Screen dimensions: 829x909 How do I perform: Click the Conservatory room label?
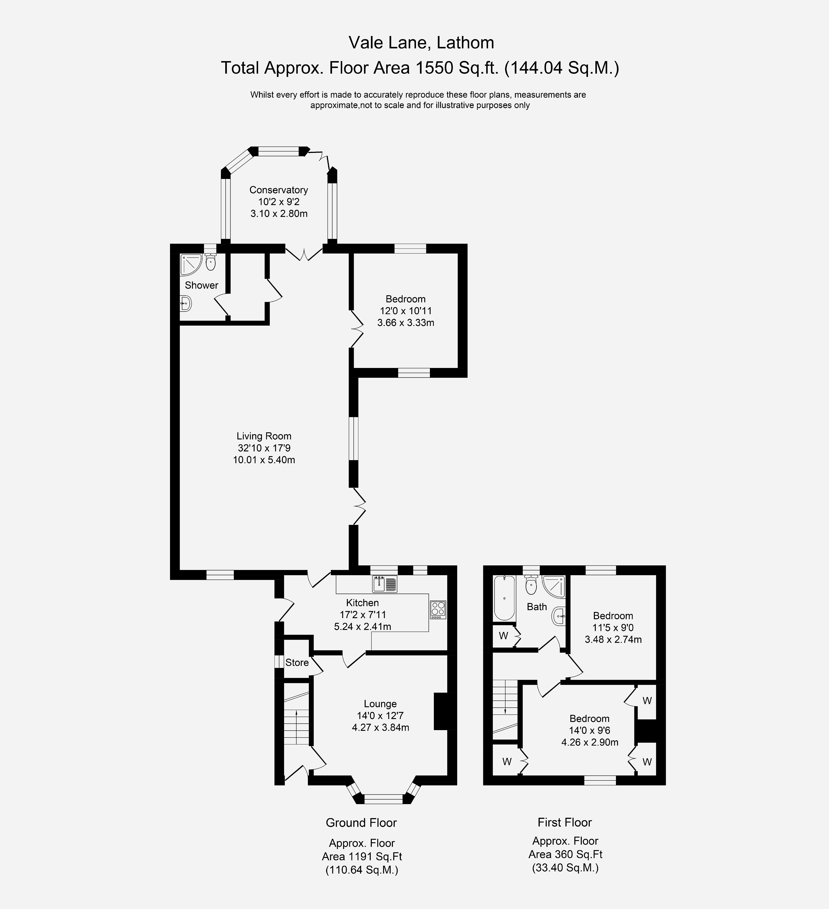pos(278,190)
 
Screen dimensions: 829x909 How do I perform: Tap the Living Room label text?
pos(264,436)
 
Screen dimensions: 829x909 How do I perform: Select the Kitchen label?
pos(362,603)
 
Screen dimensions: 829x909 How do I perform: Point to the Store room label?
pos(297,662)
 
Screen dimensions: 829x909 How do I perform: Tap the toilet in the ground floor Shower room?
pos(210,261)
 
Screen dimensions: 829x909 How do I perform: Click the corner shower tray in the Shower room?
pos(191,265)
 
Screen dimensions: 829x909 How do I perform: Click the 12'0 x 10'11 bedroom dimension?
pos(405,311)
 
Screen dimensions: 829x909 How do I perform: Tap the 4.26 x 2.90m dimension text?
pos(590,742)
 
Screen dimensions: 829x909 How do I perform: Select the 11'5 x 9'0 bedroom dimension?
pos(613,627)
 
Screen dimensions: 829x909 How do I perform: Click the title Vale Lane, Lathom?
pos(421,43)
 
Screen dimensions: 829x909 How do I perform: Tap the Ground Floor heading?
pos(361,822)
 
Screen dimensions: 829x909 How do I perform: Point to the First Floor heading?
pos(565,822)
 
